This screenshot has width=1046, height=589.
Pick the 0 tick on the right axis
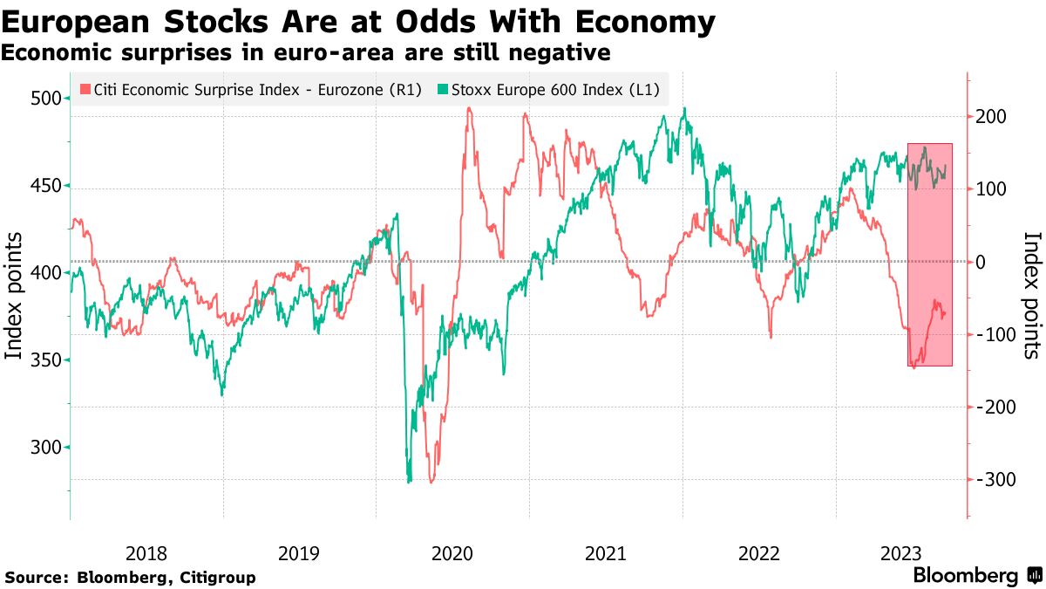tap(981, 262)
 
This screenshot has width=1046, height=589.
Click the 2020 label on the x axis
tap(452, 553)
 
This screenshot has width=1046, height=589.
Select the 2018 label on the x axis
tap(146, 553)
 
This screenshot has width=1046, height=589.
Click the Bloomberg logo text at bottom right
tap(966, 576)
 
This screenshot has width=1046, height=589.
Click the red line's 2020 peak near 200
tap(469, 109)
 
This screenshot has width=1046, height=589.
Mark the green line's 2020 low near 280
tap(409, 480)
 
